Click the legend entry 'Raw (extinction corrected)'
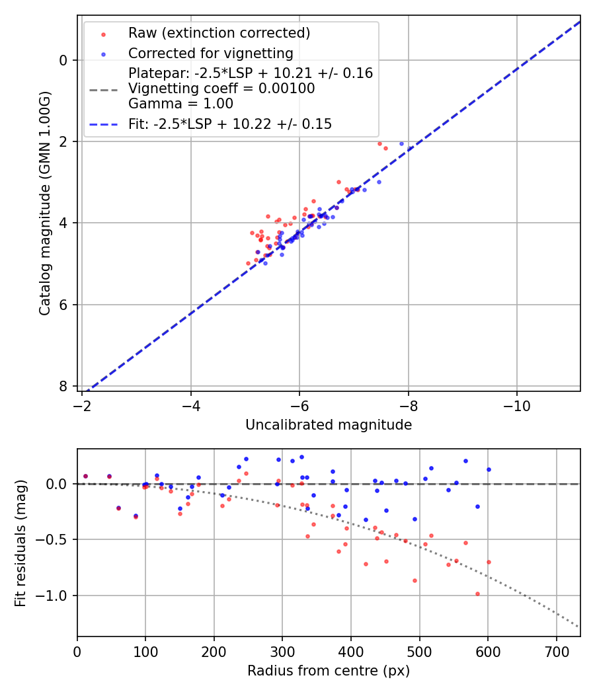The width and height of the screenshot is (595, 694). pos(219,33)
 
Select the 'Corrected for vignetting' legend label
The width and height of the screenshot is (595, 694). pos(210,54)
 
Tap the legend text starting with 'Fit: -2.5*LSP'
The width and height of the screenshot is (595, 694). pos(230,124)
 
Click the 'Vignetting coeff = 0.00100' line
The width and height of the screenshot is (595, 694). pos(221,89)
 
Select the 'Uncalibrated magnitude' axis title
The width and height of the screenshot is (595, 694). pos(329,425)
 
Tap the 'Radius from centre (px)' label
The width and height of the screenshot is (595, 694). pos(329,671)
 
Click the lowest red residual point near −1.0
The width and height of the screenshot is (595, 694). pos(477,594)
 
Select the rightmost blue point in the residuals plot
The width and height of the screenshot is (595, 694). pos(489,469)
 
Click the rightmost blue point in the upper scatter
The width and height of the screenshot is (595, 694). pos(401,143)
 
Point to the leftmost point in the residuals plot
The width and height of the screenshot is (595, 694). pos(85,476)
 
